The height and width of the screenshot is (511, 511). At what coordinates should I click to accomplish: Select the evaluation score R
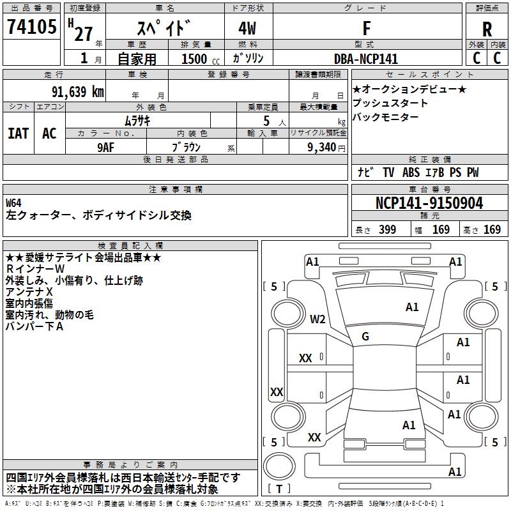click(x=487, y=29)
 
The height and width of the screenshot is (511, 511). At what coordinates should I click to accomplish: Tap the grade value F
click(x=366, y=28)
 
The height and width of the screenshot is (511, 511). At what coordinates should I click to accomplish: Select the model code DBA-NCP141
click(x=366, y=59)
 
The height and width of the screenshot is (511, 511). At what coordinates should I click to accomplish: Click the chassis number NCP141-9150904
click(x=429, y=203)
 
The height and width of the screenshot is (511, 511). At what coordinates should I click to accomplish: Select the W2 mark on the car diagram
click(x=317, y=319)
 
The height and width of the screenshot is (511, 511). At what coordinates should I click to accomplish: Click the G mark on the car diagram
click(x=365, y=336)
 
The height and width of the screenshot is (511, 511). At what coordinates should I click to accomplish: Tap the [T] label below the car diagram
click(x=279, y=489)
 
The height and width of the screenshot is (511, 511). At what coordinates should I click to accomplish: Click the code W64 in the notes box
click(x=14, y=203)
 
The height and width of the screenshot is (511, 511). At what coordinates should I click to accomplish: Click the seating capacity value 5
click(x=265, y=121)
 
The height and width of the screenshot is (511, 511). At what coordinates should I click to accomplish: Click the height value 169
click(x=492, y=230)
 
